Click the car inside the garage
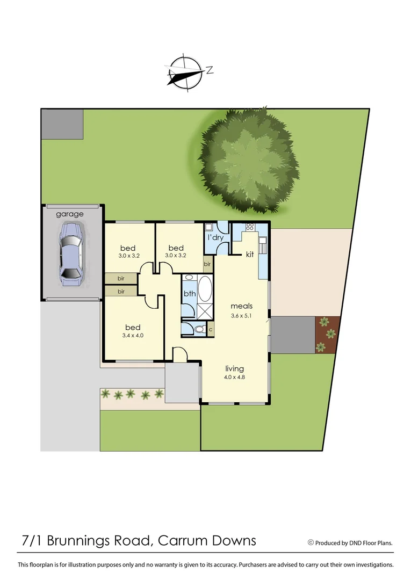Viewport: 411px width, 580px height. [71, 253]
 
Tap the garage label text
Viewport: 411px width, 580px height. [70, 214]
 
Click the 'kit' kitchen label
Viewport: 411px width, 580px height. [250, 254]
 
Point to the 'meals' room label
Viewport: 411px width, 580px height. [241, 306]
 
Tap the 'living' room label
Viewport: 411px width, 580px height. [234, 368]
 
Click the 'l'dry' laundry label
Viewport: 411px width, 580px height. [216, 237]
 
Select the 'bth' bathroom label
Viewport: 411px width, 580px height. [189, 294]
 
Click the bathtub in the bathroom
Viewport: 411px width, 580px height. [205, 289]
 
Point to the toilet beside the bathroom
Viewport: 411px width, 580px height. [199, 329]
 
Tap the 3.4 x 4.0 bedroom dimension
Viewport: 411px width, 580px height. [132, 336]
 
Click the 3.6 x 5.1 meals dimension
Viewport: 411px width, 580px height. [241, 315]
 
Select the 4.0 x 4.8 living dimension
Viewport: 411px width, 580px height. [234, 377]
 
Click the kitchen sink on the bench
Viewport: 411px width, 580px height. [263, 246]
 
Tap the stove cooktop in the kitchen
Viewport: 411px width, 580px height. [250, 227]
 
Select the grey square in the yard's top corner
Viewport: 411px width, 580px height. [62, 124]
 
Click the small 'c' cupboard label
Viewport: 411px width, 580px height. [211, 329]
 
